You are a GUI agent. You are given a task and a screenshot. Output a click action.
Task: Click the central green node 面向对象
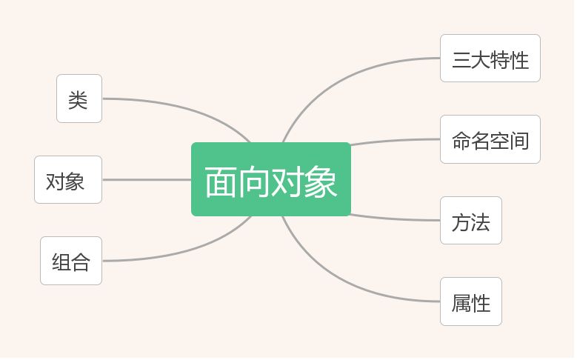(x=271, y=180)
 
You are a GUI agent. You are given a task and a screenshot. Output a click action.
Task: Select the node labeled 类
(x=79, y=99)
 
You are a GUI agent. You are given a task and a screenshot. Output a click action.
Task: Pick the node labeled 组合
(x=71, y=261)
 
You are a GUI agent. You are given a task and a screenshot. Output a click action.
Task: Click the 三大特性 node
(x=490, y=59)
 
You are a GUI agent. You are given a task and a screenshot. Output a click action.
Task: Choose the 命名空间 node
(x=490, y=140)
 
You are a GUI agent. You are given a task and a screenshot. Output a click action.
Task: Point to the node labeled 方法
(x=470, y=221)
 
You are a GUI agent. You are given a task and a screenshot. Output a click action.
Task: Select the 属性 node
(x=470, y=302)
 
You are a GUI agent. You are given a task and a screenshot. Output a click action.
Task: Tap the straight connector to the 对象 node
(x=148, y=180)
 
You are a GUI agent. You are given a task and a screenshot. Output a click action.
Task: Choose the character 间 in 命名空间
(x=520, y=141)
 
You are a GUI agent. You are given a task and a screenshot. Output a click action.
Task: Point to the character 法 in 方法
(x=481, y=221)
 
